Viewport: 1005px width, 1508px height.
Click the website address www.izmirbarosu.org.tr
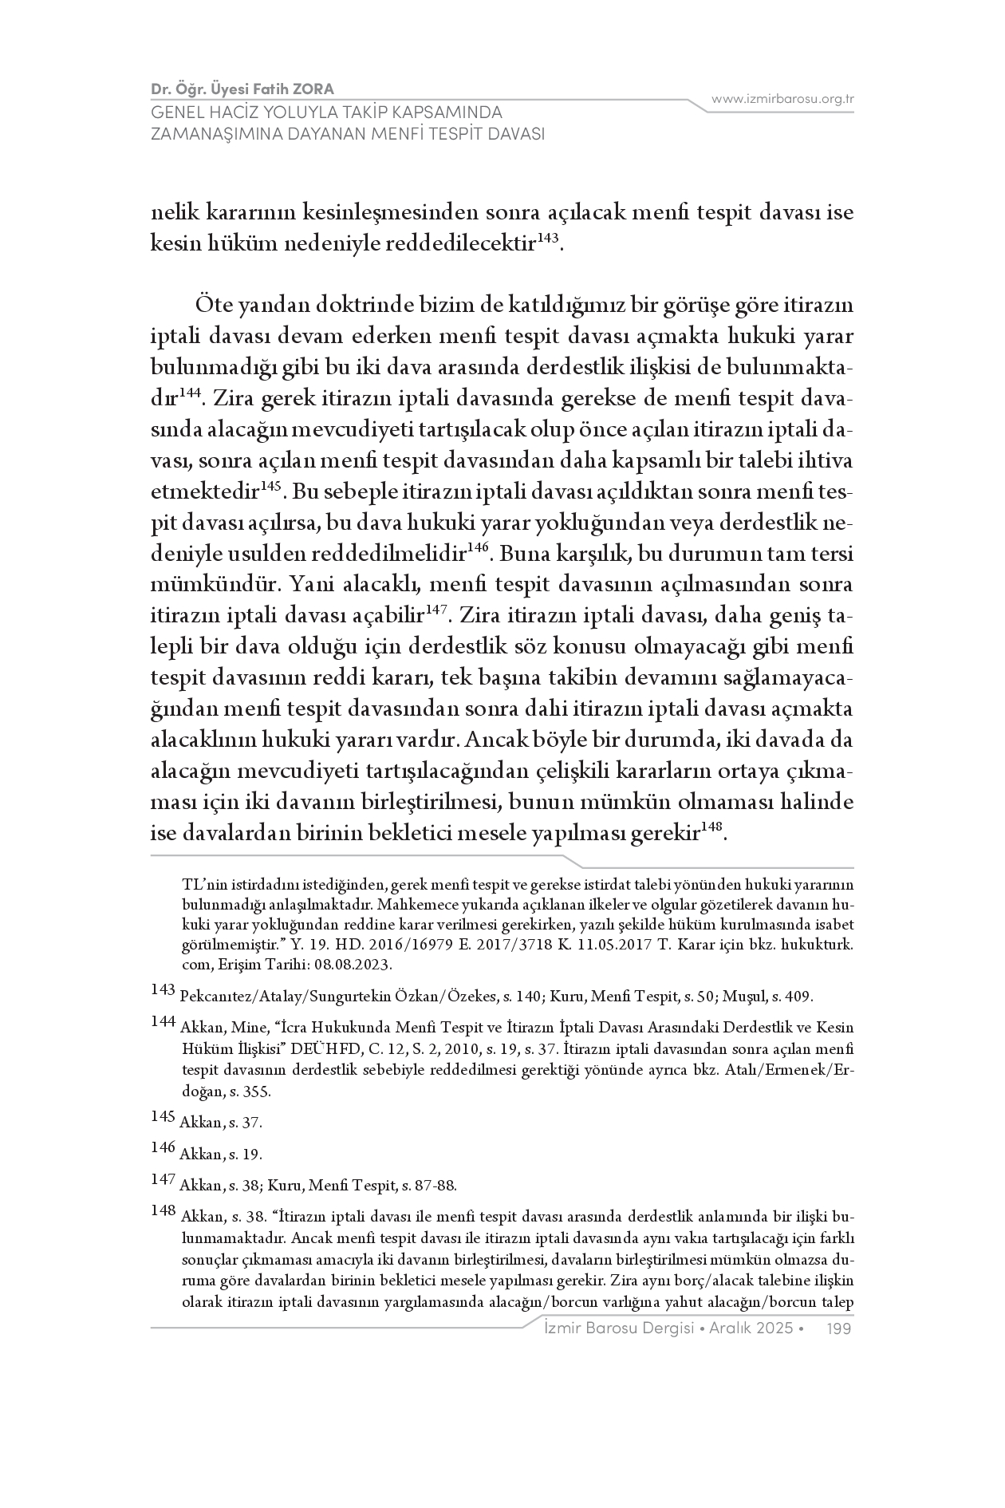point(782,99)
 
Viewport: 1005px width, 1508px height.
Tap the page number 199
point(841,1328)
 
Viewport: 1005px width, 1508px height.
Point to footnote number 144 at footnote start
point(162,1022)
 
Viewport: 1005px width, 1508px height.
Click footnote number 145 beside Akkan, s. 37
point(162,1116)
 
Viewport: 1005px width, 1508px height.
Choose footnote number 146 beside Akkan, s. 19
point(162,1148)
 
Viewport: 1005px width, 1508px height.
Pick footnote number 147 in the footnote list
point(162,1179)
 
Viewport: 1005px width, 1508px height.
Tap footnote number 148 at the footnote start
point(162,1211)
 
